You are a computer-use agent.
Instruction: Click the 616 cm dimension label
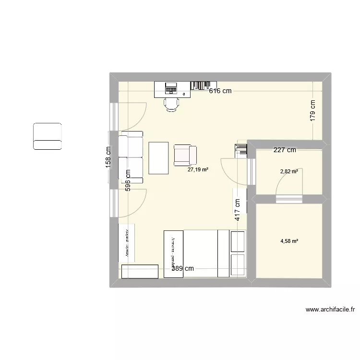coord(220,91)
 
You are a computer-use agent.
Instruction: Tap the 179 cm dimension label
coord(312,110)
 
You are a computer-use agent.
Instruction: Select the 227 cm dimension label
coord(285,150)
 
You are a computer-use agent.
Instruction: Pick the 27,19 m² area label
coord(198,169)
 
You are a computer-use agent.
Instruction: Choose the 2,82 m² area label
coord(289,171)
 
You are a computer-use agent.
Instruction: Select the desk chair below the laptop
coord(171,103)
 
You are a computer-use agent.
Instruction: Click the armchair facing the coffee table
coord(185,154)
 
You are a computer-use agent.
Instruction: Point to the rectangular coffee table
coord(159,157)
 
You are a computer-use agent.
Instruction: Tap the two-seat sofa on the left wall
coord(131,157)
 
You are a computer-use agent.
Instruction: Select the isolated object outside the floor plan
coord(48,136)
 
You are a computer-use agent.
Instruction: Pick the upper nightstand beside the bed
coord(239,241)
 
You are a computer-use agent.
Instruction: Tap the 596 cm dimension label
coord(128,180)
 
